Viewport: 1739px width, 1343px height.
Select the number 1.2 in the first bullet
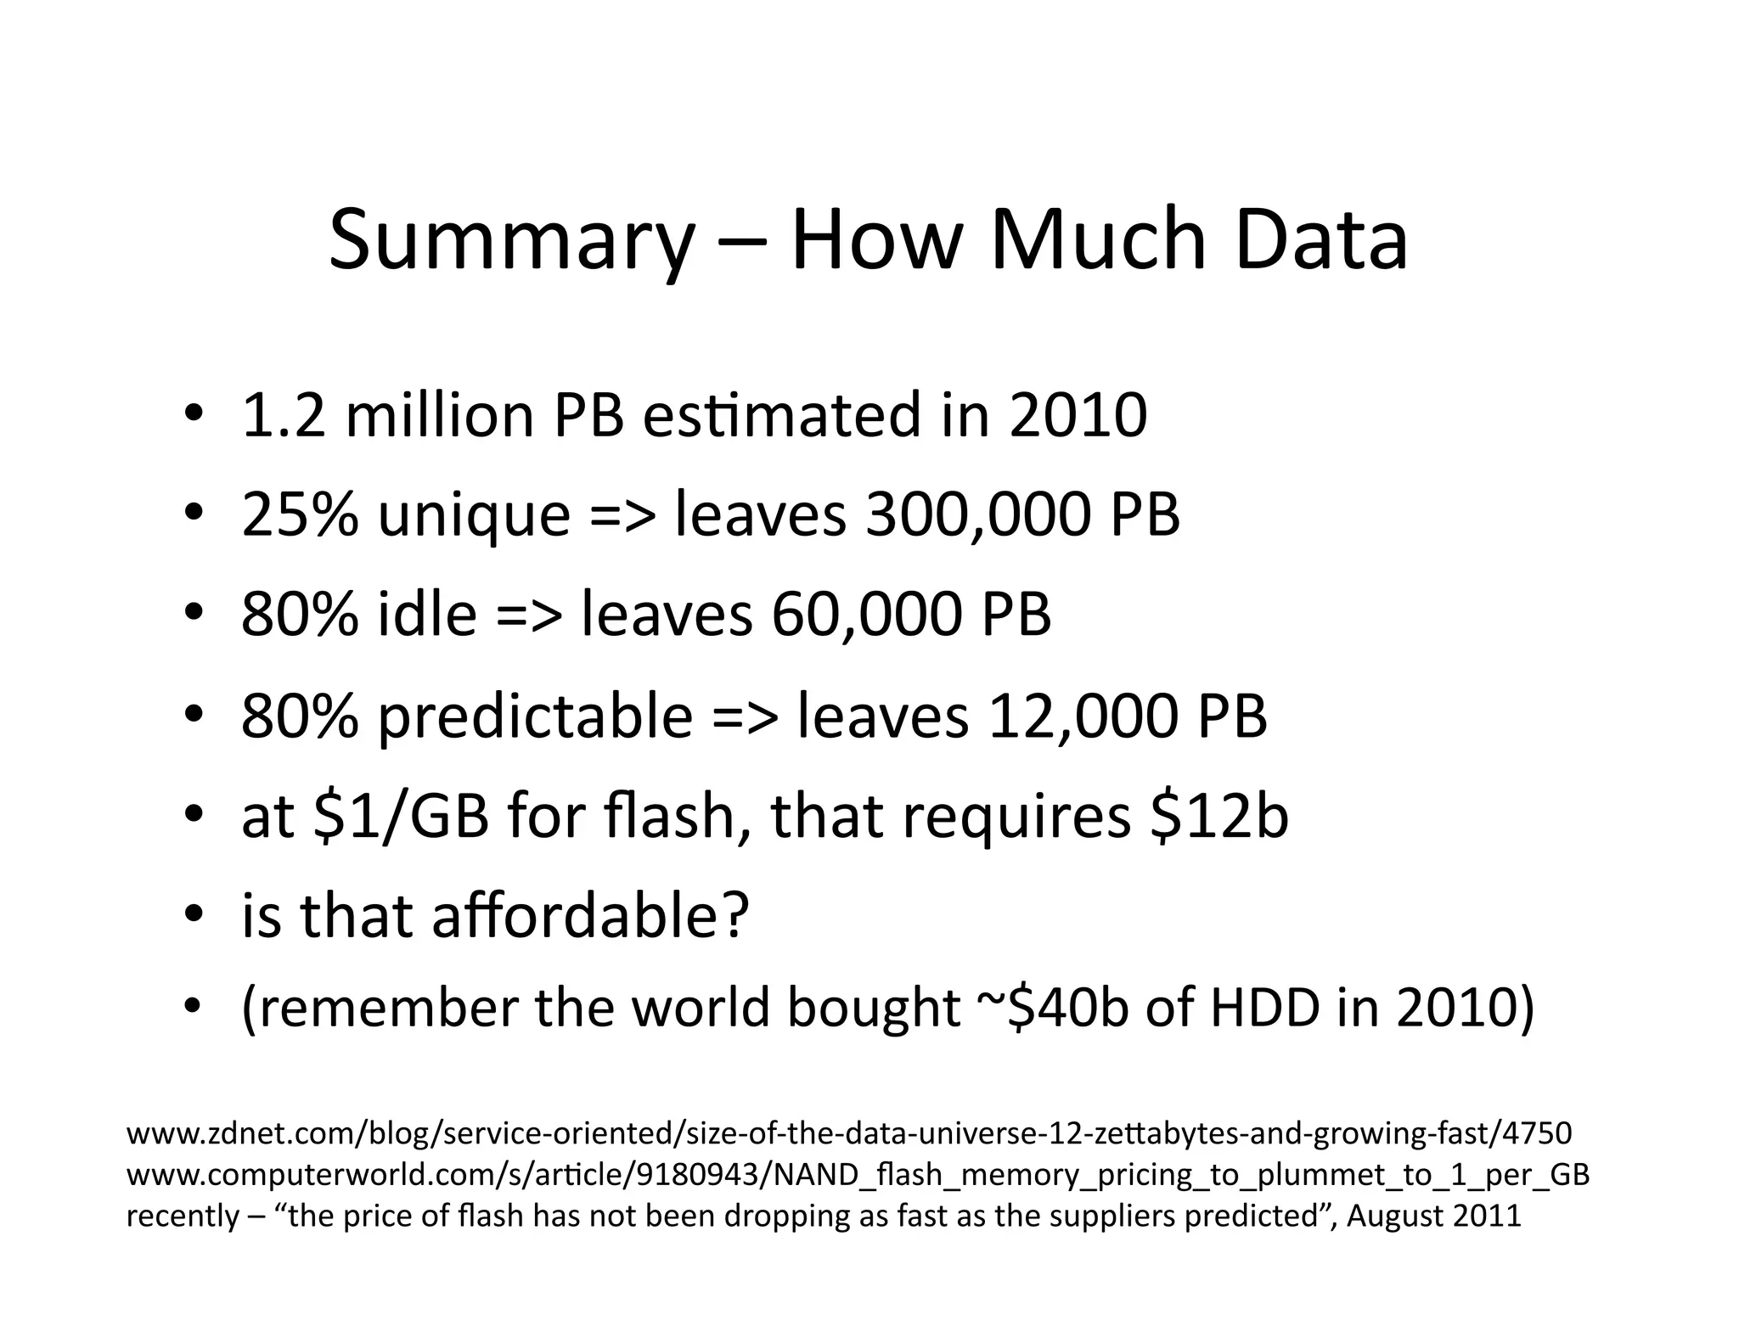[x=284, y=416]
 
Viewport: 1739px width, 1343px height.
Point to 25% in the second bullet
[x=300, y=515]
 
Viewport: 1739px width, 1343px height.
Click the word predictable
[x=535, y=717]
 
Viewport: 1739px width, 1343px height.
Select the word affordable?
[x=591, y=916]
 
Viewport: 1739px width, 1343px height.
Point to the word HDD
[x=1265, y=1009]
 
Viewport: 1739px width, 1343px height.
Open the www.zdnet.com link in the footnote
[x=849, y=1133]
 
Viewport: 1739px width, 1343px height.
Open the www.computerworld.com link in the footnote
[x=858, y=1176]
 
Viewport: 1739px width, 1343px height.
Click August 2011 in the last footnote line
[x=1434, y=1217]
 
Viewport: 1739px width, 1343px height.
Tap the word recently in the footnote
[x=183, y=1217]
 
